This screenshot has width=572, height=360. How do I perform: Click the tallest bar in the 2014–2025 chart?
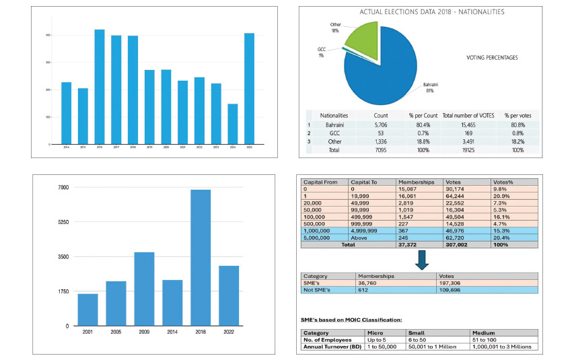[x=99, y=87]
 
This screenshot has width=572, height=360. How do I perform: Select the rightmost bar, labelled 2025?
[x=249, y=89]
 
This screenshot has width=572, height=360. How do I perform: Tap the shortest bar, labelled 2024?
[x=232, y=124]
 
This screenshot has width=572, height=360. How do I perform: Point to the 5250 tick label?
[x=64, y=222]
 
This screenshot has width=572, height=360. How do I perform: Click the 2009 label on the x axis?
[x=144, y=332]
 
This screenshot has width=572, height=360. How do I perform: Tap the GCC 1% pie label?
[x=322, y=52]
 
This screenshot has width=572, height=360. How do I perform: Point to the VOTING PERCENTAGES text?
[x=492, y=58]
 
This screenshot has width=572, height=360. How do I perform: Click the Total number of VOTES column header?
[x=467, y=115]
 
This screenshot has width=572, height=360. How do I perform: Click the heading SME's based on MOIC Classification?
[x=351, y=319]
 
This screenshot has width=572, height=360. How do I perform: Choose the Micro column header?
[x=375, y=332]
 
